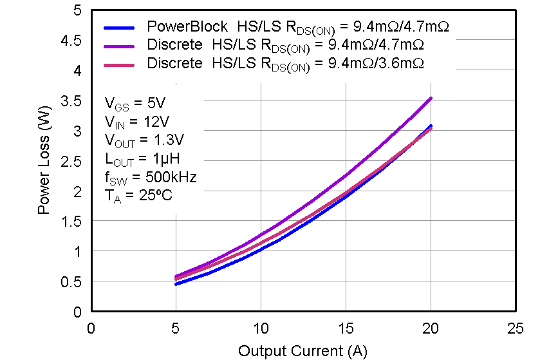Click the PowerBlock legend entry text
tap(297, 28)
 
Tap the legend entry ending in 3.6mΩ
tap(285, 64)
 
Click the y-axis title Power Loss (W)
tap(44, 161)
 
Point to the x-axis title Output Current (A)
tap(303, 351)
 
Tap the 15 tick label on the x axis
tap(346, 329)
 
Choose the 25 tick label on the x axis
tap(516, 329)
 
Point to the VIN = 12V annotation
tap(136, 122)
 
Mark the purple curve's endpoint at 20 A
tap(431, 99)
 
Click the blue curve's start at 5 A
tap(176, 284)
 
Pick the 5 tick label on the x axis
tap(176, 329)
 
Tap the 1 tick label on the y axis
tap(77, 252)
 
